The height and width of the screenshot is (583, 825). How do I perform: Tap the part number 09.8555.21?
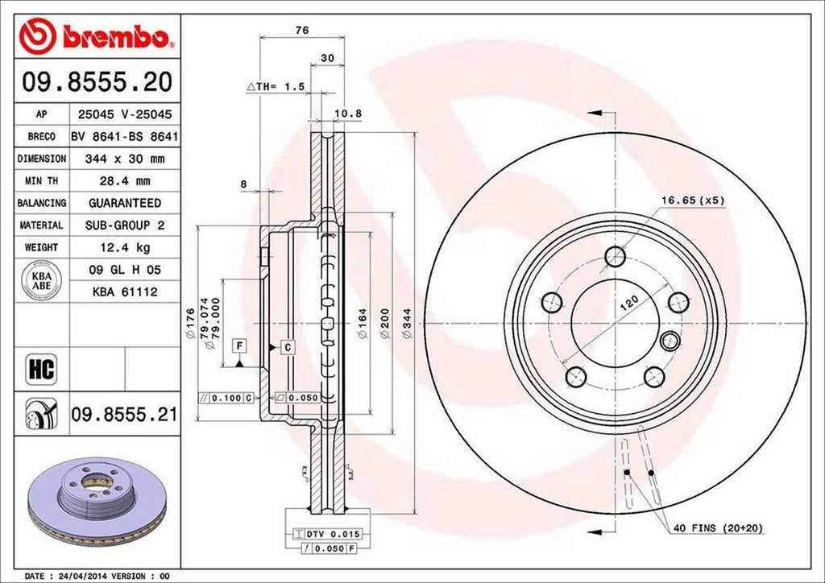click(124, 416)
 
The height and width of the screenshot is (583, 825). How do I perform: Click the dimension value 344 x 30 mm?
click(124, 159)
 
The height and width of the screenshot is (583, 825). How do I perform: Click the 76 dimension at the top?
click(302, 31)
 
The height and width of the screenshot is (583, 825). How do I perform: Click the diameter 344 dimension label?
click(409, 324)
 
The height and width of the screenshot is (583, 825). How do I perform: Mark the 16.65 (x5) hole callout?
click(694, 199)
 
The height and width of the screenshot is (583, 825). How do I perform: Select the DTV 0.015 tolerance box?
click(332, 535)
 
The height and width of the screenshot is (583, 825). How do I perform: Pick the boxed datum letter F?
click(239, 346)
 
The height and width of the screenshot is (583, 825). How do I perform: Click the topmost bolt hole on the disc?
click(616, 256)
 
